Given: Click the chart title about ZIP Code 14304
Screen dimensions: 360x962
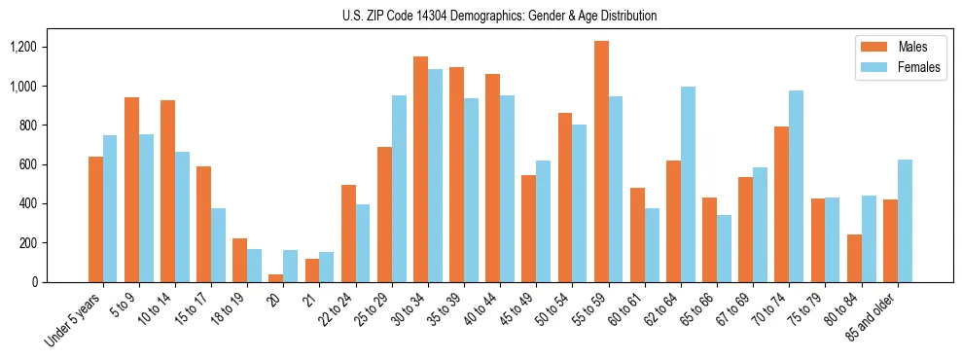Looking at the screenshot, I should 500,16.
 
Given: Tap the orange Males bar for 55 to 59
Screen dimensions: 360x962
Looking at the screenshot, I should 601,162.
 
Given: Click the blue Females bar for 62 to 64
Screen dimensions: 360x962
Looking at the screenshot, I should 688,184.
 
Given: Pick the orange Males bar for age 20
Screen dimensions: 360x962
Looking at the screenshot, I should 276,277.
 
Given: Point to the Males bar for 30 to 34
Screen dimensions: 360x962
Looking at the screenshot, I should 420,169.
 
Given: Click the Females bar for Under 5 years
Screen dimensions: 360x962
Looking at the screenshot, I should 110,208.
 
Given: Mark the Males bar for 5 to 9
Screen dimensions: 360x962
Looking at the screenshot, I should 131,190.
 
